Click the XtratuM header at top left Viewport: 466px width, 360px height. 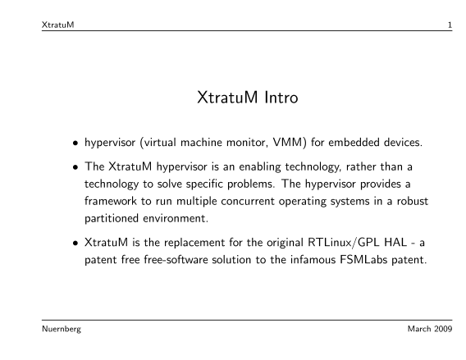(x=58, y=25)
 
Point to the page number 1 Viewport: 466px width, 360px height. (x=450, y=25)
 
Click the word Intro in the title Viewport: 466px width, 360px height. (x=281, y=97)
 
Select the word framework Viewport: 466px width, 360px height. (x=111, y=201)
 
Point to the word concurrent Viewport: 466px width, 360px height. (x=248, y=202)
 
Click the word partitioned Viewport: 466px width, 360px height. (x=112, y=219)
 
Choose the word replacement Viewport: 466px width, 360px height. (x=194, y=243)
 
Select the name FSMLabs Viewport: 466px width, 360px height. (x=363, y=260)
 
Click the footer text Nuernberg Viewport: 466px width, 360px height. (x=62, y=329)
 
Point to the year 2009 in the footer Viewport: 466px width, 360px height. (x=443, y=329)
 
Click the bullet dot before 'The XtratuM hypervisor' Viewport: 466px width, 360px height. (x=75, y=167)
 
